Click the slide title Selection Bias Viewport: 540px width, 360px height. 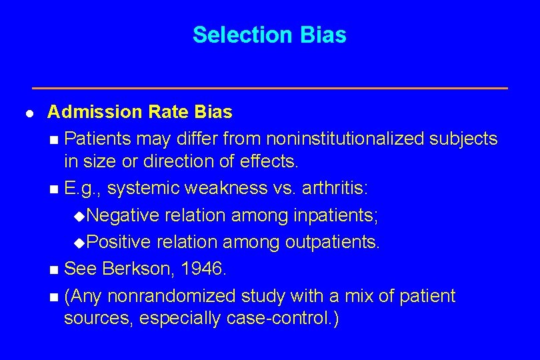(x=269, y=35)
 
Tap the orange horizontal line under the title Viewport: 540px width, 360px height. (x=270, y=88)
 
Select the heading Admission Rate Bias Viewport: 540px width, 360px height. (x=139, y=111)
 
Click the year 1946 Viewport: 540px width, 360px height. (x=205, y=269)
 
